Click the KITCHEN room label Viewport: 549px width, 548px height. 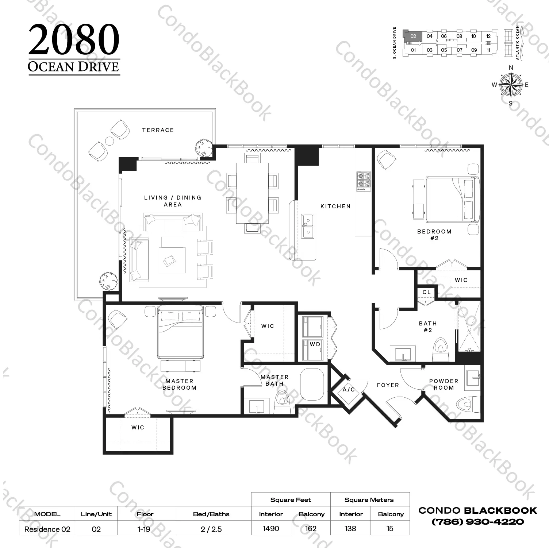335,207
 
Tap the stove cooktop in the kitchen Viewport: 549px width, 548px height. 364,181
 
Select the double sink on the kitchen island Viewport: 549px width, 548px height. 307,226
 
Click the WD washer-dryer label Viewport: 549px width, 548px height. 315,344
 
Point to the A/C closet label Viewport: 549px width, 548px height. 349,390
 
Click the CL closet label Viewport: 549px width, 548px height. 427,292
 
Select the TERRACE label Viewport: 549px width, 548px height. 158,130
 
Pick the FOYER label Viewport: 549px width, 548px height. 388,385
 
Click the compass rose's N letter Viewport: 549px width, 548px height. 511,67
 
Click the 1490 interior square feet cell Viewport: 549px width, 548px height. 271,529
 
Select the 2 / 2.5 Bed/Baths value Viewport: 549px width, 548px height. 211,529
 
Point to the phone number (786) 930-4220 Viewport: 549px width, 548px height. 477,522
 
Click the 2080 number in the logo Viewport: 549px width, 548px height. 74,39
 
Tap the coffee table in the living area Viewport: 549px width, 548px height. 172,260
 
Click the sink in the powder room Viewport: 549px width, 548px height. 473,377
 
